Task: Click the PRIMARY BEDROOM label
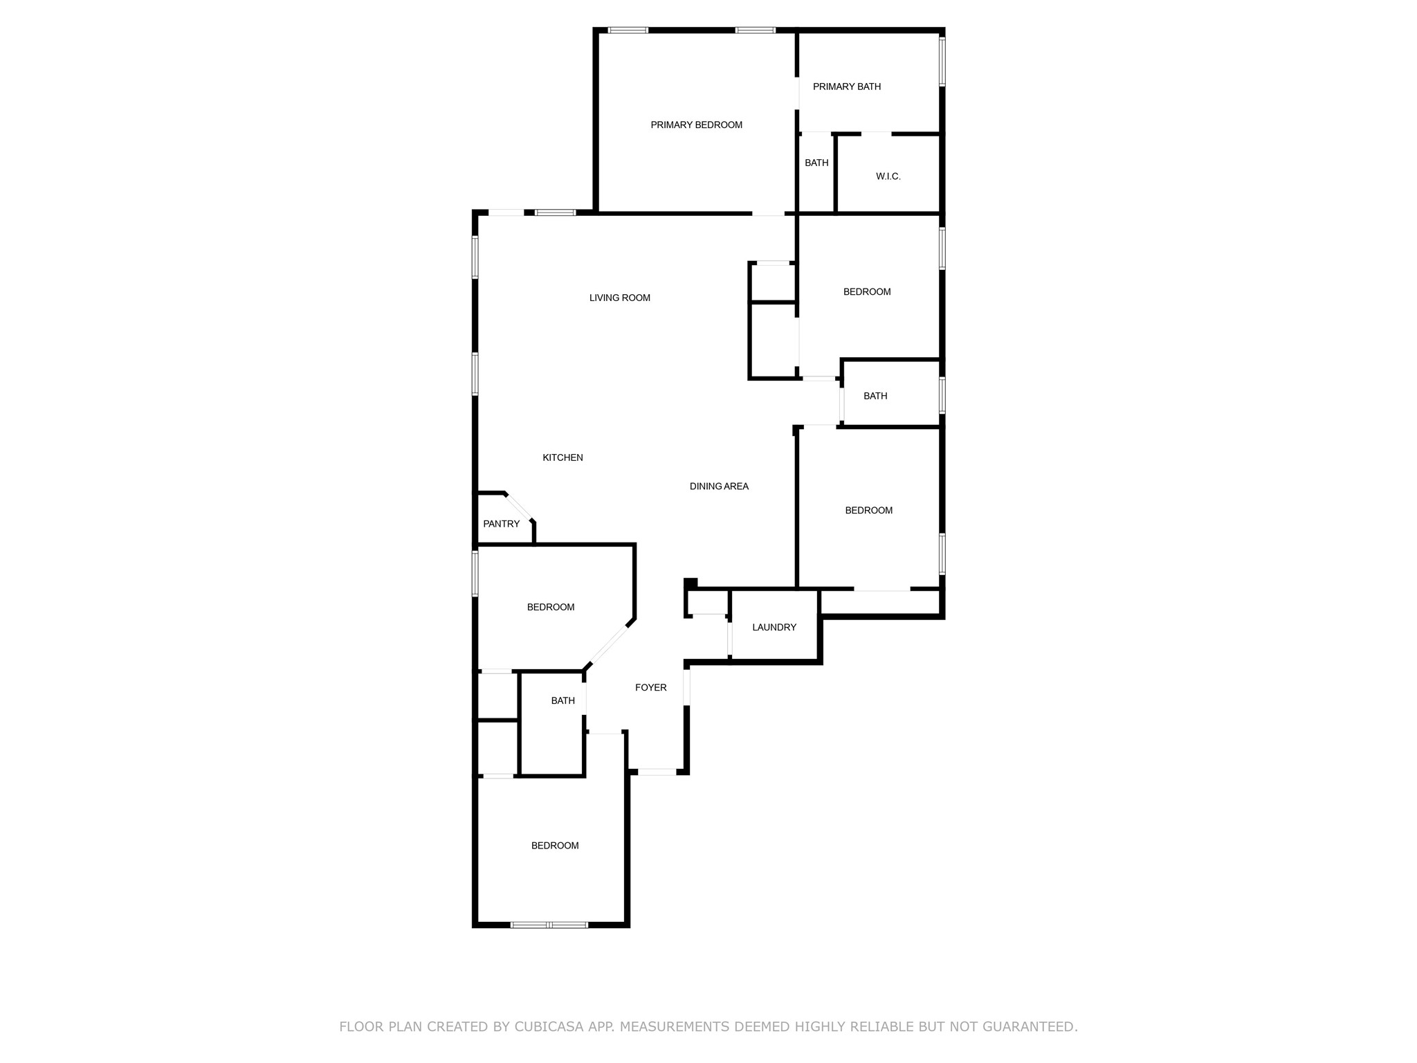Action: [696, 125]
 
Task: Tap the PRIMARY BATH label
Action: [846, 87]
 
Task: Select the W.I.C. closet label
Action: [888, 176]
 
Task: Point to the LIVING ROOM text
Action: [619, 298]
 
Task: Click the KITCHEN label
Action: [563, 457]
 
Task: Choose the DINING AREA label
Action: [719, 487]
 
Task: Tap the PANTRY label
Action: [501, 524]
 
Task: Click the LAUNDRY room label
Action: [774, 627]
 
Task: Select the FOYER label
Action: [650, 687]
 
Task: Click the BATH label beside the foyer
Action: [563, 700]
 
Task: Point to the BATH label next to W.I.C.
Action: [816, 163]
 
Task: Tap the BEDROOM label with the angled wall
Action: [551, 607]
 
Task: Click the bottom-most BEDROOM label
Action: [555, 845]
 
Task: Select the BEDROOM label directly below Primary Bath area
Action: [866, 291]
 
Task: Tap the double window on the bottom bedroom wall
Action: [549, 925]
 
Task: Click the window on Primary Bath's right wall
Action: [942, 61]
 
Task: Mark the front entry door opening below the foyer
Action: [656, 771]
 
